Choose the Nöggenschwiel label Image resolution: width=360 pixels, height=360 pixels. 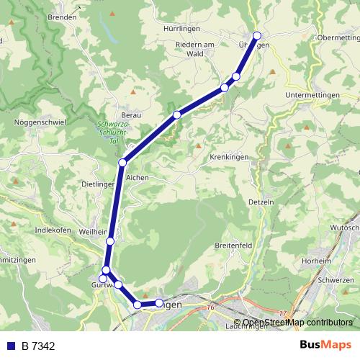40,122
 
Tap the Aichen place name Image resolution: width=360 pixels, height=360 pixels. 137,177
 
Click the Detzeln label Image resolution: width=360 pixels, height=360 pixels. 262,202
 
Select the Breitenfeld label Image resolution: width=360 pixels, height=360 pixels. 235,246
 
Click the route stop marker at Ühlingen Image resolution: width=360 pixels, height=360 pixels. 257,35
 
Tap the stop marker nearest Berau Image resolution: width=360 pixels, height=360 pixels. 176,114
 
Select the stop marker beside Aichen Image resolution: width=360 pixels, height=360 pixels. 123,163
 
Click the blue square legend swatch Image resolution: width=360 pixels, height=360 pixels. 11,346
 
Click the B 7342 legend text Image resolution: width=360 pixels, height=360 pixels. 38,346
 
